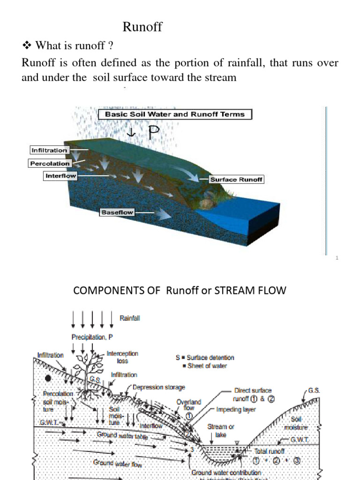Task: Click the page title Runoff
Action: [x=142, y=27]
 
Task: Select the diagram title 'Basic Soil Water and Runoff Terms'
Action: [x=175, y=114]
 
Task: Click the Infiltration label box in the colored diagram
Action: [x=49, y=150]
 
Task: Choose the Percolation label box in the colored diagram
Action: [x=50, y=164]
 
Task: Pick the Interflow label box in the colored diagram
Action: [x=60, y=176]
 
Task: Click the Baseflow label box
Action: [x=117, y=212]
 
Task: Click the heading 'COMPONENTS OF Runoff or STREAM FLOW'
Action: [x=179, y=291]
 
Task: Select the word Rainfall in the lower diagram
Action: [x=130, y=318]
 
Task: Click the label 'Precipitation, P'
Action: [x=92, y=337]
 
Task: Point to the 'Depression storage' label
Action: [x=159, y=388]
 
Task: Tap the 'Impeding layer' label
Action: [x=235, y=409]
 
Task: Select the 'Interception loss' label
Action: [x=122, y=357]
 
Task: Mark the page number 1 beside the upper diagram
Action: [x=337, y=258]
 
